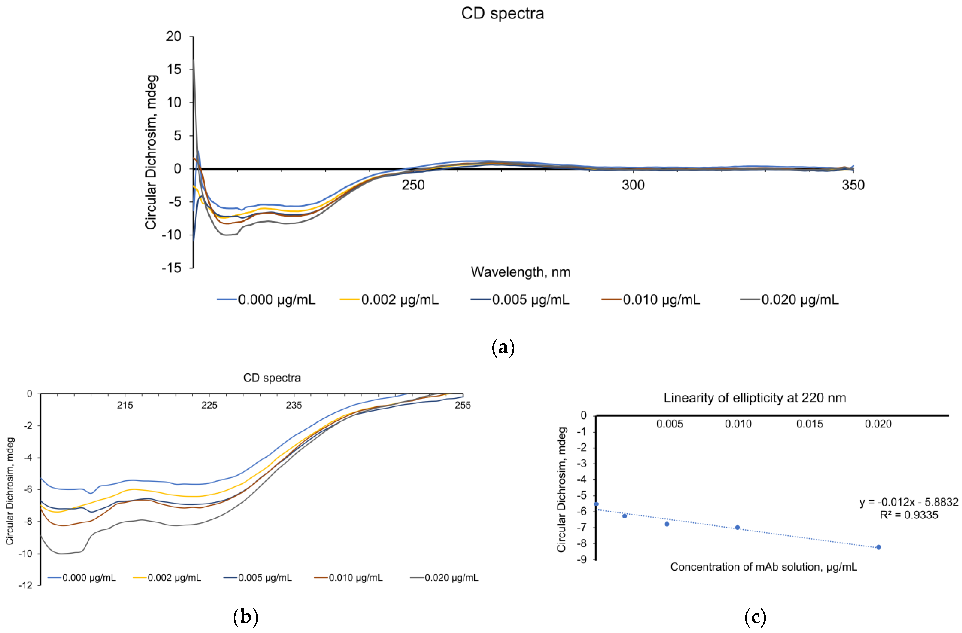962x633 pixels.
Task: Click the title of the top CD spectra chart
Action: [503, 13]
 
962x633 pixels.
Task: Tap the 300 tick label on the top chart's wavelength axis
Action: [633, 185]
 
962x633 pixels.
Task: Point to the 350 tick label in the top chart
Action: [853, 185]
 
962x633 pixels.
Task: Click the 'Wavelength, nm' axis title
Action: [521, 272]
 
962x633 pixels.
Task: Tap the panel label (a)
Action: [503, 347]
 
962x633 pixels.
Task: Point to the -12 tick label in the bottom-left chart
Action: [25, 585]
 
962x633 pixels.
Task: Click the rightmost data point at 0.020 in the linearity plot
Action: [878, 547]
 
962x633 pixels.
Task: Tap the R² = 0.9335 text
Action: [909, 515]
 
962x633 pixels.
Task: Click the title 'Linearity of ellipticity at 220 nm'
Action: [755, 398]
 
